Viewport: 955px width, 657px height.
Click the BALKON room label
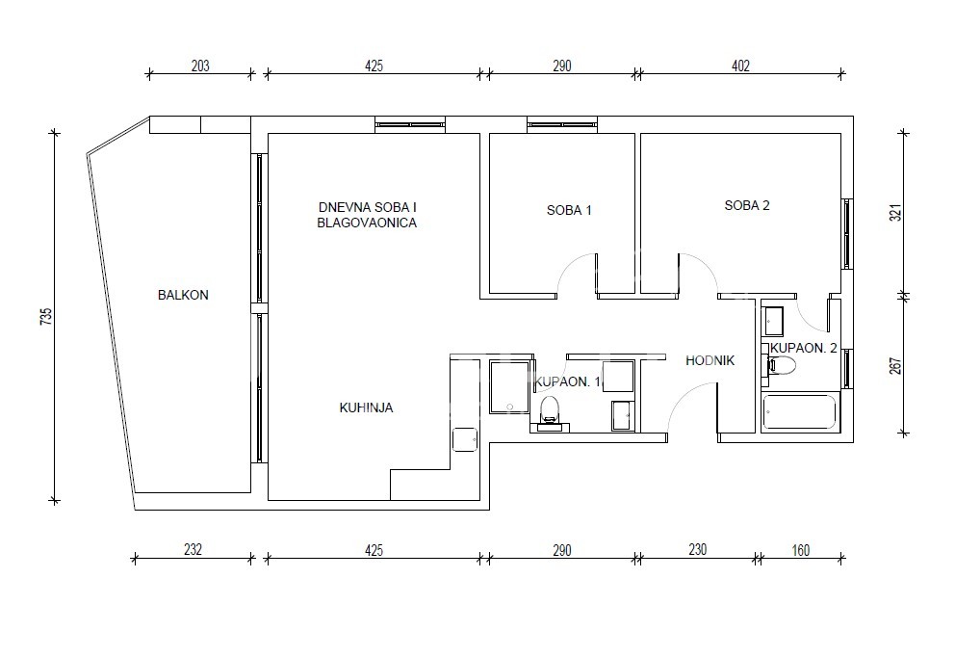click(183, 295)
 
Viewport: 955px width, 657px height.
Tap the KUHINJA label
click(366, 407)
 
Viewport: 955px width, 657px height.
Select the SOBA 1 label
click(569, 210)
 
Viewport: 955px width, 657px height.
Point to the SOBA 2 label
click(747, 205)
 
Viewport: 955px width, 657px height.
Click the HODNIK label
click(710, 361)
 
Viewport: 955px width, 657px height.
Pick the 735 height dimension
click(46, 316)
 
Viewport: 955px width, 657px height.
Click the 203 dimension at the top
click(200, 66)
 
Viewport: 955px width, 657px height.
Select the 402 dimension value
click(740, 66)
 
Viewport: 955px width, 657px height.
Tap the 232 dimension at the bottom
click(193, 550)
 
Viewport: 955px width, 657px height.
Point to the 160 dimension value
click(800, 550)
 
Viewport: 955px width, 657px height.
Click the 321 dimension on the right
click(894, 212)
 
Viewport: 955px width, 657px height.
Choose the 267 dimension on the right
click(894, 366)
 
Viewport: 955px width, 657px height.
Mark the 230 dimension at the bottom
click(697, 550)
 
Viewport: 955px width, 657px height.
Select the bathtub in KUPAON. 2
click(800, 412)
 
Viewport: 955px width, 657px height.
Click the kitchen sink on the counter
click(465, 439)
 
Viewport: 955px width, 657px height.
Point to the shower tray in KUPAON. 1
click(510, 387)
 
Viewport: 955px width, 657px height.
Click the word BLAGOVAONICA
click(367, 223)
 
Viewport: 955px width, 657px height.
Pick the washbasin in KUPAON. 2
click(773, 321)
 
